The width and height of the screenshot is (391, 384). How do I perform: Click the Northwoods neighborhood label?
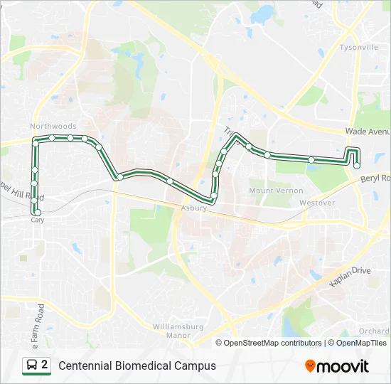pyautogui.click(x=53, y=127)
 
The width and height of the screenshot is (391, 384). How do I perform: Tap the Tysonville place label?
pyautogui.click(x=359, y=48)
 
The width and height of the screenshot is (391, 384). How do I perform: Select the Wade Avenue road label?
pyautogui.click(x=368, y=132)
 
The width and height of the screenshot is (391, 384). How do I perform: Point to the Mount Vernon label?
pyautogui.click(x=276, y=191)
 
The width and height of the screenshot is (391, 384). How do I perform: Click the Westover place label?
pyautogui.click(x=316, y=203)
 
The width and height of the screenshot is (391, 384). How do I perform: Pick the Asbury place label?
pyautogui.click(x=193, y=208)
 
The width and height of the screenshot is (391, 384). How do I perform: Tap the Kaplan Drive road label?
pyautogui.click(x=350, y=276)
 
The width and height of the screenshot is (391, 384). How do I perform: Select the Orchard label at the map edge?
pyautogui.click(x=374, y=331)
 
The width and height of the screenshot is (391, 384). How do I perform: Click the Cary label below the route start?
pyautogui.click(x=38, y=220)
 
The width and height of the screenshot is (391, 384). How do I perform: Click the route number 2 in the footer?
pyautogui.click(x=45, y=365)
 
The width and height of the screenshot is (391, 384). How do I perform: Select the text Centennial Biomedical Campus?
pyautogui.click(x=137, y=366)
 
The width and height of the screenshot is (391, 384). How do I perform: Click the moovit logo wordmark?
pyautogui.click(x=343, y=366)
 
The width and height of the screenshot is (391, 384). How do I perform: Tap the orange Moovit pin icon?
pyautogui.click(x=310, y=366)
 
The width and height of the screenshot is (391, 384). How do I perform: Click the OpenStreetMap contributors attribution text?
pyautogui.click(x=273, y=343)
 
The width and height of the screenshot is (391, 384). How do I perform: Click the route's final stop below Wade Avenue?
pyautogui.click(x=357, y=165)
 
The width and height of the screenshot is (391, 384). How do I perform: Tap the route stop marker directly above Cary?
pyautogui.click(x=38, y=212)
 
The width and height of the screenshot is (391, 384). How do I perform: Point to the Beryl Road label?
pyautogui.click(x=376, y=178)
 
